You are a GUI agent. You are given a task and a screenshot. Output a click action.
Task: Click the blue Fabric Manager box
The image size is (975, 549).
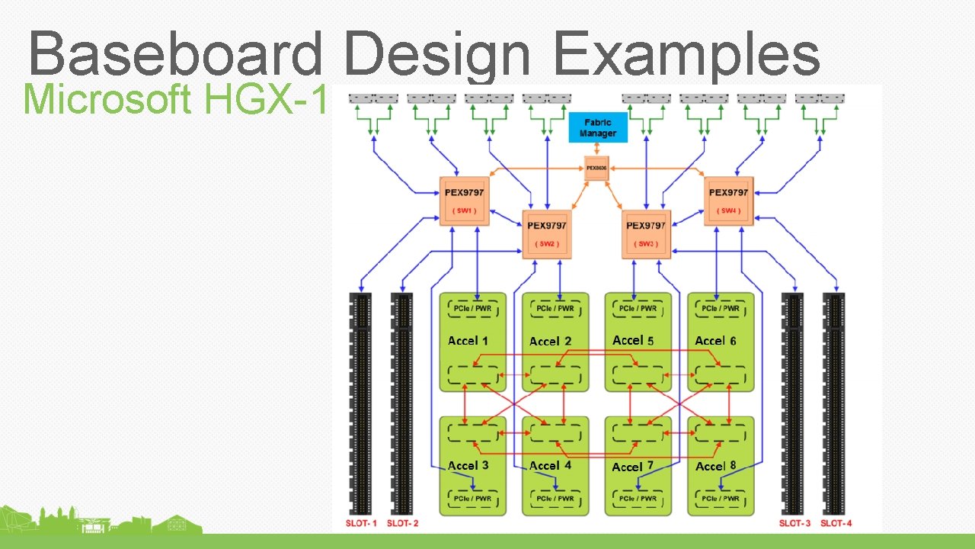[598, 127]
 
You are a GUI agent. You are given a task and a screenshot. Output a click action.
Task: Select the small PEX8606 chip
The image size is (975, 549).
[596, 168]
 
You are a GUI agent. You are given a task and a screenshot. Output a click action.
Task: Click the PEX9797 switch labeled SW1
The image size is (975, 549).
[464, 201]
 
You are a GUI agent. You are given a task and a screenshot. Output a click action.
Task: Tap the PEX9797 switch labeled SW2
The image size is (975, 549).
[547, 234]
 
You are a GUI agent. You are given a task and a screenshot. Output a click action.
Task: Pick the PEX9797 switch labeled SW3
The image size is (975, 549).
[645, 234]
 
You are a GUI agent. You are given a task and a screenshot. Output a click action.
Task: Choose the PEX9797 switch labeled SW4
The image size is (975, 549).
[728, 201]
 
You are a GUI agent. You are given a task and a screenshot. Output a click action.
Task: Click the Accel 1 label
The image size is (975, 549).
[468, 341]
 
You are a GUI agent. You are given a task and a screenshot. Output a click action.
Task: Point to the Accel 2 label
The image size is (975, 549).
[550, 342]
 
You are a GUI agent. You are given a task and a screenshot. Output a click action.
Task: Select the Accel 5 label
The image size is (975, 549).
[633, 340]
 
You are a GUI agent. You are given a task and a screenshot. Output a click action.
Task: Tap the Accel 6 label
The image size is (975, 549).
[715, 341]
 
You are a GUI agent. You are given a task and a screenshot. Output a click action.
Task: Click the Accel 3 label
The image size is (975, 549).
[468, 465]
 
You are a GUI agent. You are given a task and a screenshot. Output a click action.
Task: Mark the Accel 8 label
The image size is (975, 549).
[715, 465]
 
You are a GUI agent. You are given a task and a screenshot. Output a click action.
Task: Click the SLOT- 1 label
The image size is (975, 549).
[360, 523]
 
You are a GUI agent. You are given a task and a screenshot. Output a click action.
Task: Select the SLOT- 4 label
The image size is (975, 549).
[836, 523]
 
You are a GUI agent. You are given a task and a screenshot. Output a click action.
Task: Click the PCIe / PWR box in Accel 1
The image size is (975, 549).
[473, 308]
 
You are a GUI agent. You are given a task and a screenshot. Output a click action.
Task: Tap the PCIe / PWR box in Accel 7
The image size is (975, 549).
[638, 498]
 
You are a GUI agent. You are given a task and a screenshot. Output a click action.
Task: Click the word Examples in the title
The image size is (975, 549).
[686, 55]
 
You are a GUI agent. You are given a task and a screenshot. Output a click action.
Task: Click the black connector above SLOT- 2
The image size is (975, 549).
[401, 404]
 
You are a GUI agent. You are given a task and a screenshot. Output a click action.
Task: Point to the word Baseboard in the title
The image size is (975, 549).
[175, 55]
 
